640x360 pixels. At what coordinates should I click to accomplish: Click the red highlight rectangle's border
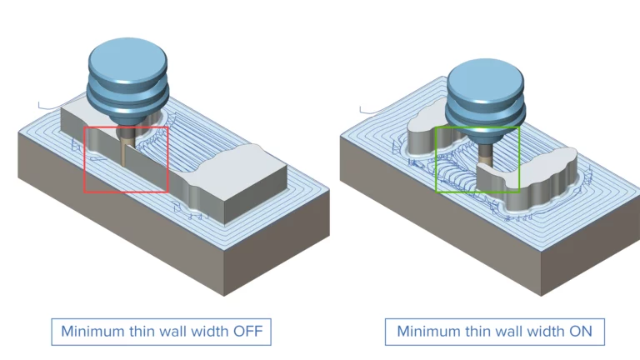pos(85,158)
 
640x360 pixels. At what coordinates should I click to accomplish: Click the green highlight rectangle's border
pos(436,158)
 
